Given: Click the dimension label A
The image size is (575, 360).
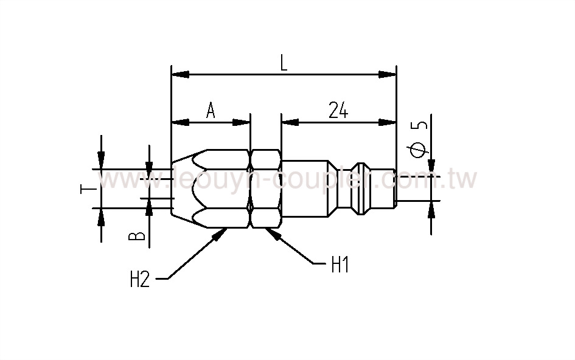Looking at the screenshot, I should [211, 111].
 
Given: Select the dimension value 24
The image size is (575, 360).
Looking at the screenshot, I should [338, 111].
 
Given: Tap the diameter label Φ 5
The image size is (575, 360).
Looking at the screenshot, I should [420, 139].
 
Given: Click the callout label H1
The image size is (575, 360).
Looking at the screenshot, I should [340, 265].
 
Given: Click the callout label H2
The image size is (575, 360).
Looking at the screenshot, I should [140, 280].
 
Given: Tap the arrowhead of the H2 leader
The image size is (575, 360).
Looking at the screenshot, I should [220, 234].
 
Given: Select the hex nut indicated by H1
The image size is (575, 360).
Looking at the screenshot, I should [265, 189].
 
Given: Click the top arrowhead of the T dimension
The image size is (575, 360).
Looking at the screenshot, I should [101, 161].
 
